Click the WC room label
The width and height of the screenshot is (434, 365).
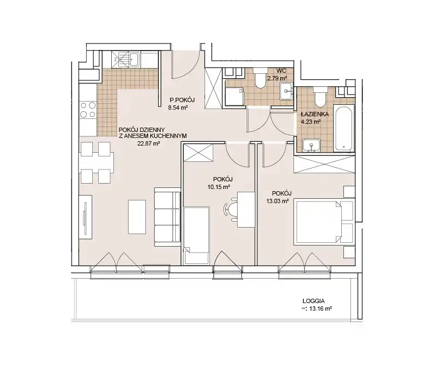pos(281,71)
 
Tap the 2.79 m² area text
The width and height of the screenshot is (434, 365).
pos(277,78)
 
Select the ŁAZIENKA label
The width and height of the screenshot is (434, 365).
pos(315,114)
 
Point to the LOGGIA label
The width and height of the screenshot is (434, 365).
pos(314,301)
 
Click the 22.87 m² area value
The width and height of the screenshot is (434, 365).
pos(149,143)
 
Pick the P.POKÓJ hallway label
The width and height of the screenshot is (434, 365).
pos(182,100)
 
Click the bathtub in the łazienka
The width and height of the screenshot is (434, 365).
pos(343,128)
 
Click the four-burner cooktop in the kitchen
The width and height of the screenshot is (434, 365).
pos(88,110)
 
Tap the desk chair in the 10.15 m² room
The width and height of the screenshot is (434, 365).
pos(232,209)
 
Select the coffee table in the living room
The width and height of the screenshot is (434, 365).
pos(137,217)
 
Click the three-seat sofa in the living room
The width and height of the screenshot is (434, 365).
pos(168,217)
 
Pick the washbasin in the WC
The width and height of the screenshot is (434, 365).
pos(286,91)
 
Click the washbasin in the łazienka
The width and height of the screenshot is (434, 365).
pos(311,146)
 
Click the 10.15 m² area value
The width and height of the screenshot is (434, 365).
pos(219,187)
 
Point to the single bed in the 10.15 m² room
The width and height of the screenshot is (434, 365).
pos(196,235)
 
